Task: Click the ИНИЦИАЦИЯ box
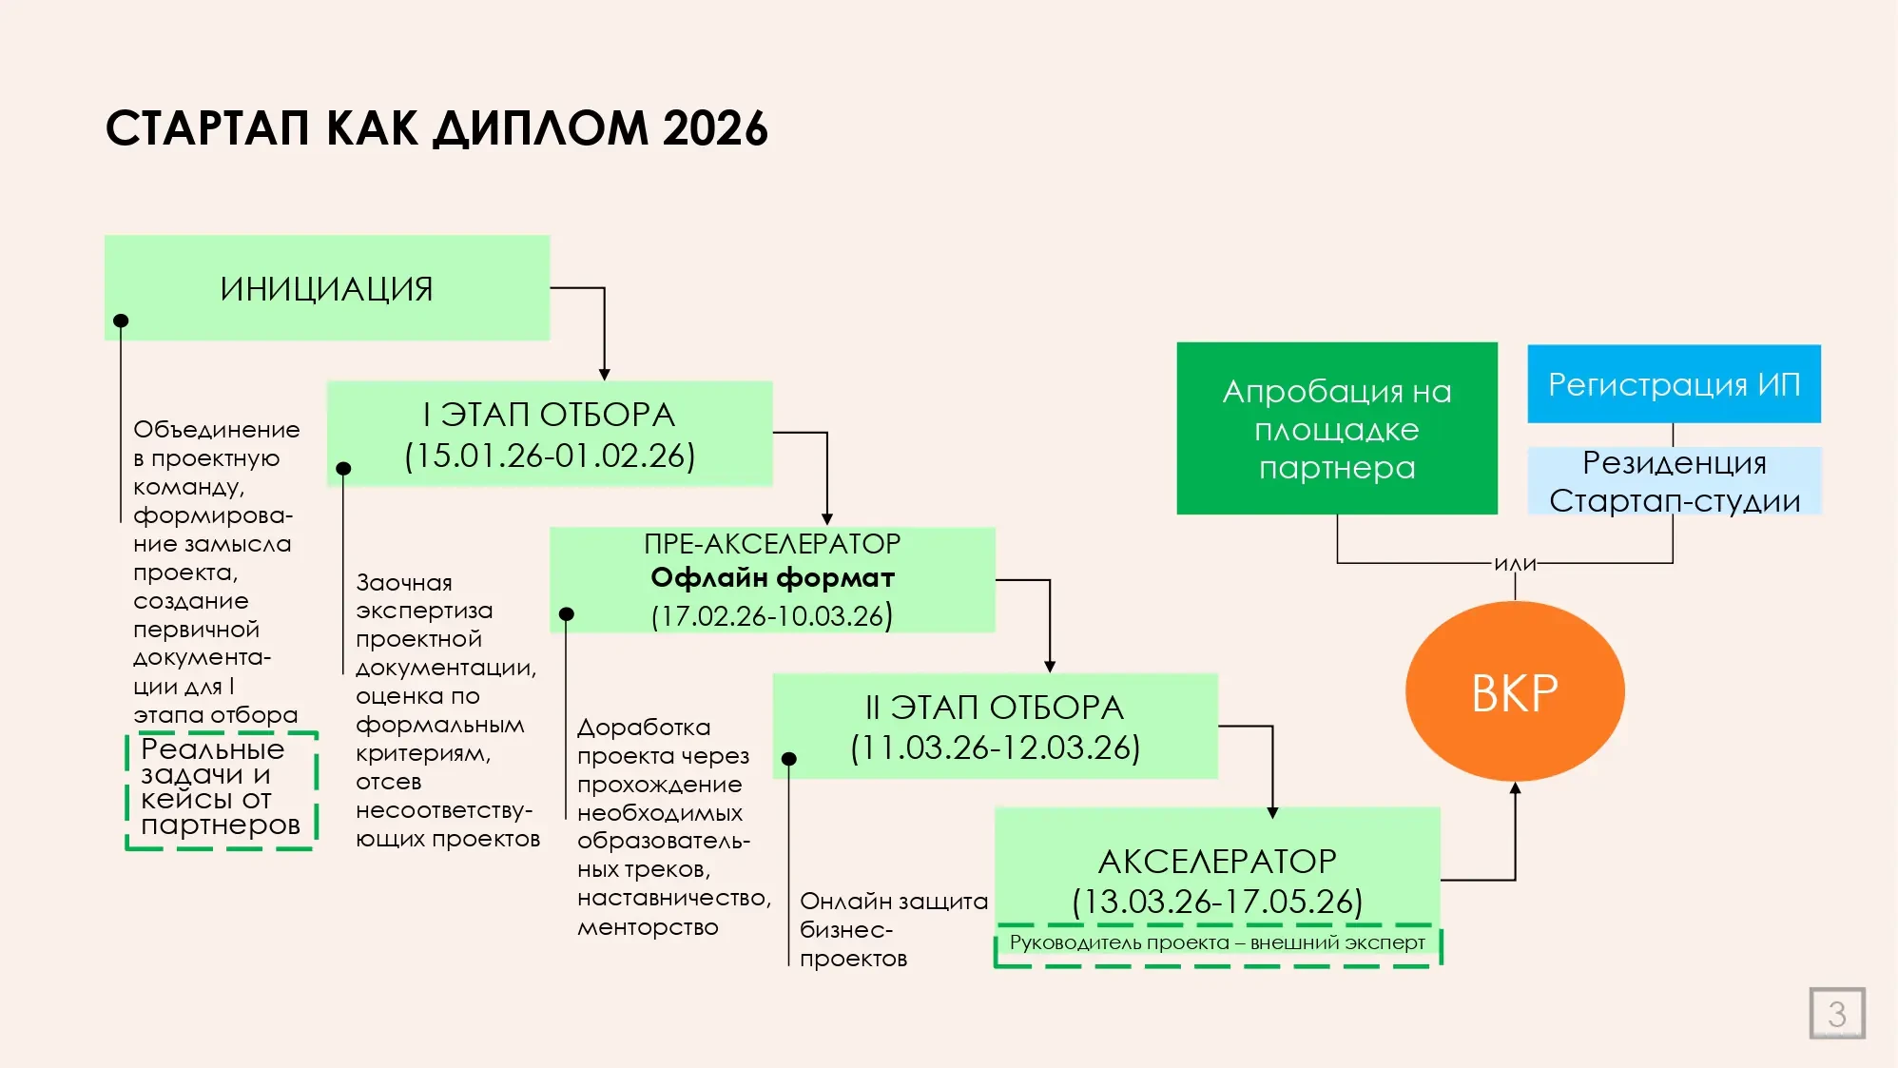pos(326,287)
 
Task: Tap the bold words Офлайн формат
pos(772,578)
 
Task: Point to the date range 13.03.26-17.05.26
pos(1217,902)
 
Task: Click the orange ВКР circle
pos(1515,691)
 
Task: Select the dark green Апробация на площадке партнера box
pos(1336,429)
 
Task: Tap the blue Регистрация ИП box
pos(1674,384)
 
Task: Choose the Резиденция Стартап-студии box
pos(1674,481)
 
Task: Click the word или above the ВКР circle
pos(1515,564)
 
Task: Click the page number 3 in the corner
pos(1836,1014)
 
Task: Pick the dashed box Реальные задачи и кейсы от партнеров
pos(221,788)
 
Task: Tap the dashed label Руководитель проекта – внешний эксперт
pos(1217,943)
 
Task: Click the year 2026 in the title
pos(715,128)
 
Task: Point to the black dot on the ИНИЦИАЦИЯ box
pos(121,321)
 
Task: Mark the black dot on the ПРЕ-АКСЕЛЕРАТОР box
pos(567,614)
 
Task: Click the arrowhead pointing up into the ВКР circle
pos(1515,788)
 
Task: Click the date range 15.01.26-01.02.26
pos(550,456)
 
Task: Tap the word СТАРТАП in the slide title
pos(207,128)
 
